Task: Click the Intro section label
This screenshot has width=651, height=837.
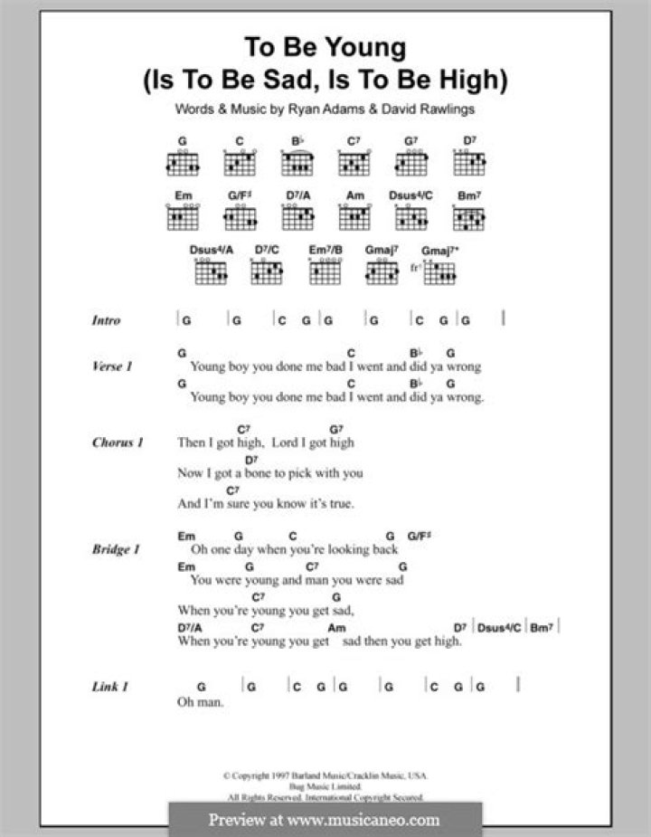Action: (106, 320)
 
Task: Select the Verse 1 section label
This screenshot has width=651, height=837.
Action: (112, 366)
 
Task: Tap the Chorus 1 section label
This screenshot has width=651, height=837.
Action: (117, 442)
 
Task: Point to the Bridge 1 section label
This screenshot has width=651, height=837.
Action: (116, 549)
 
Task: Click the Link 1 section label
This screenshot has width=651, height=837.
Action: (109, 687)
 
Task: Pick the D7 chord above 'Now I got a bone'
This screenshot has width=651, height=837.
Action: (250, 460)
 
